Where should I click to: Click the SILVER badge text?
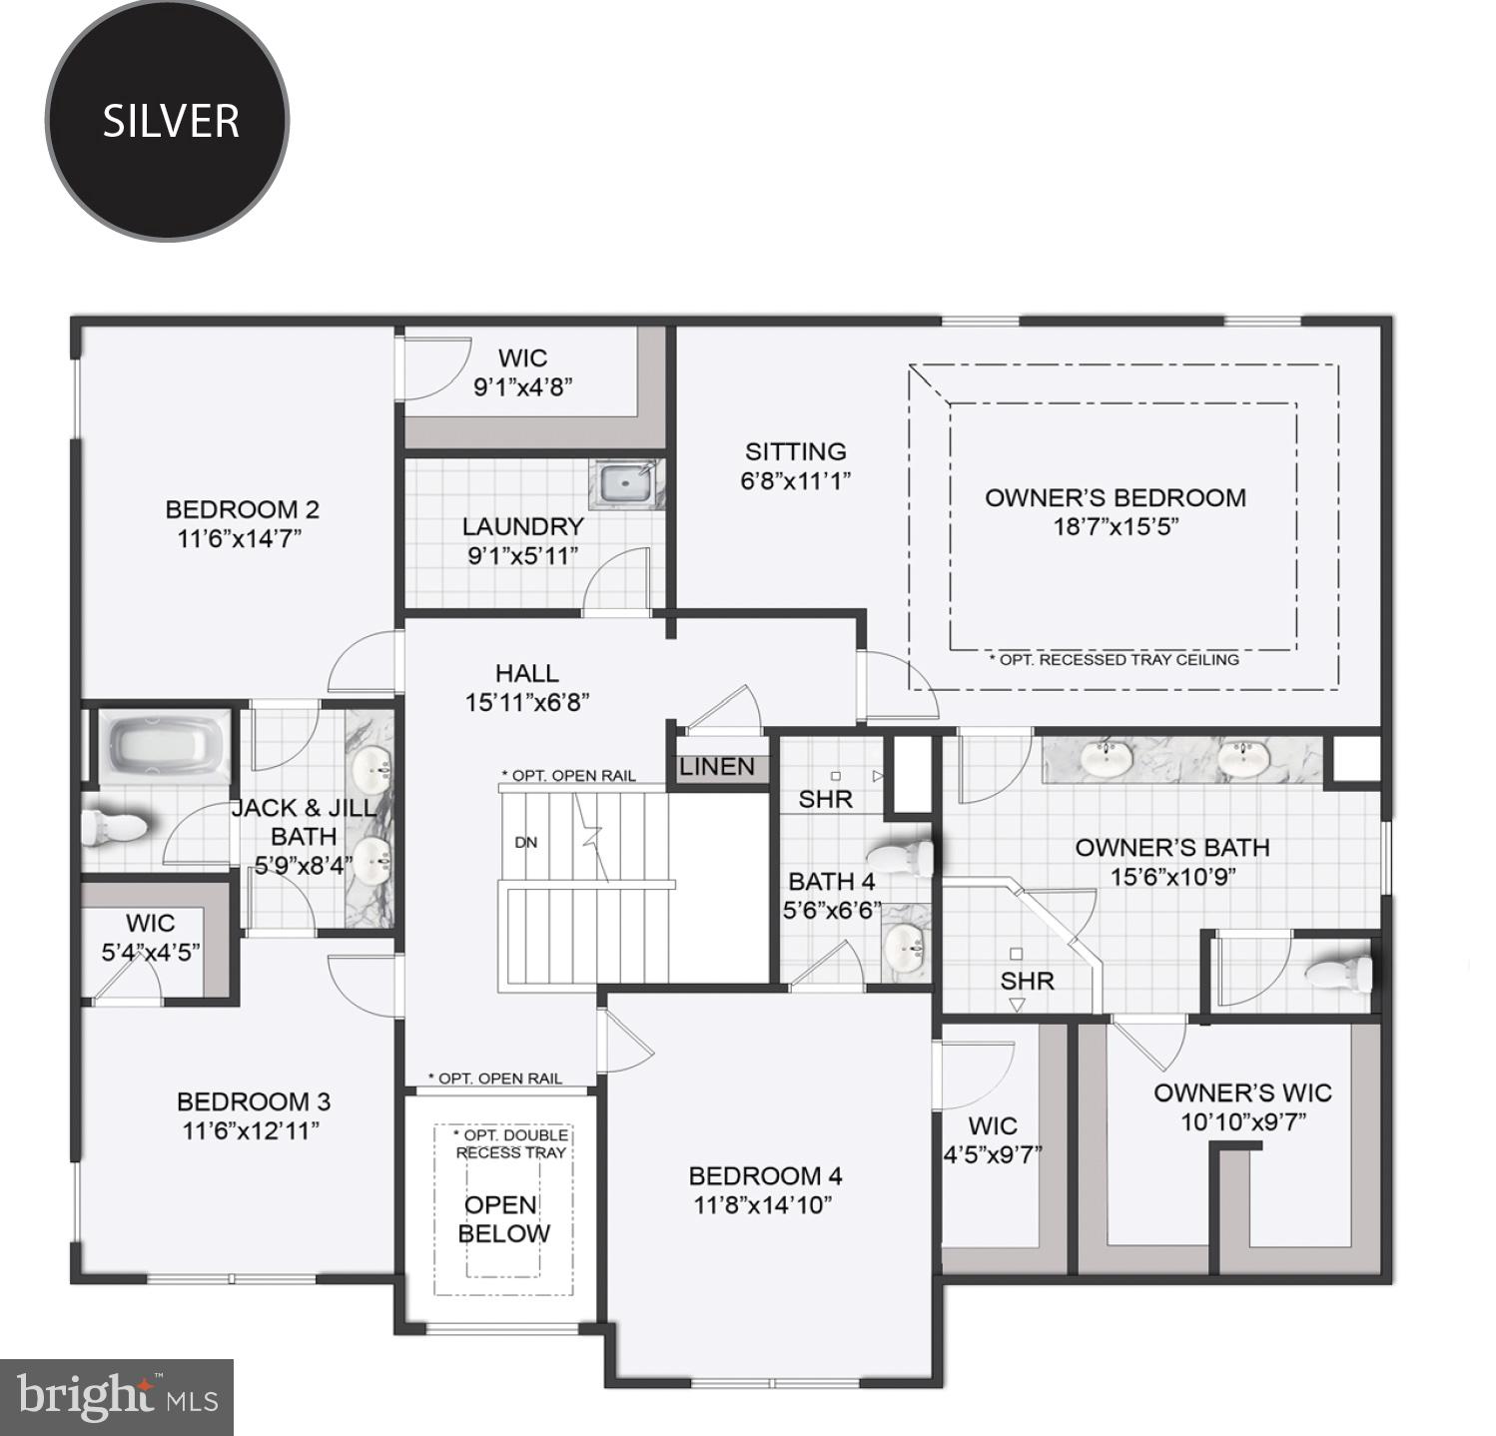click(171, 121)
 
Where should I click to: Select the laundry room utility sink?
click(625, 484)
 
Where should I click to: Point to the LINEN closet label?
click(716, 767)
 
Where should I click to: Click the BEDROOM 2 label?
click(242, 509)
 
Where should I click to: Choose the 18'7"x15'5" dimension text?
click(1116, 526)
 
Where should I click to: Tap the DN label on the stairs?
click(526, 842)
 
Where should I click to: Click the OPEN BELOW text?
click(503, 1219)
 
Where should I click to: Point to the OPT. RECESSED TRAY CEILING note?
click(1114, 660)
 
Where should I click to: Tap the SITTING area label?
click(796, 451)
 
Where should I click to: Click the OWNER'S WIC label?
click(1242, 1092)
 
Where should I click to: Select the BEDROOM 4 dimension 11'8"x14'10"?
click(763, 1204)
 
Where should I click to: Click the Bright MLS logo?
click(117, 1397)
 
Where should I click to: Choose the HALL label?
click(526, 673)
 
